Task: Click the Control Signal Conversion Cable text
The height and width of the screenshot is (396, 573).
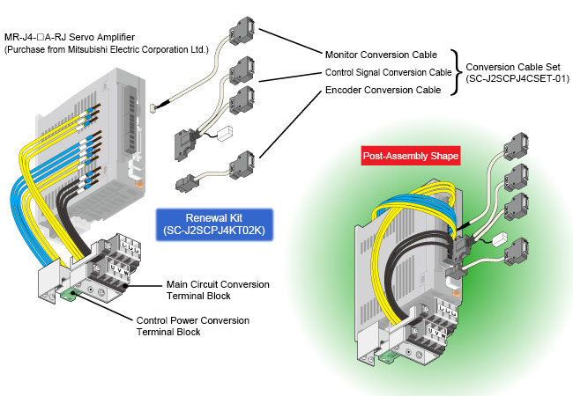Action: pos(389,72)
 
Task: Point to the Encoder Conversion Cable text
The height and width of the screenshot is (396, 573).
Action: pos(383,89)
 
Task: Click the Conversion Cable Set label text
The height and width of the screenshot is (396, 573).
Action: pos(517,67)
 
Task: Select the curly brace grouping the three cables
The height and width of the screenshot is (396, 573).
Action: pos(457,72)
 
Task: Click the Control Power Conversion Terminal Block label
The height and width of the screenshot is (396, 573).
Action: pos(192,326)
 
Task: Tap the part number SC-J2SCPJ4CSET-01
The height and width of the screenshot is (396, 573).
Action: pos(517,78)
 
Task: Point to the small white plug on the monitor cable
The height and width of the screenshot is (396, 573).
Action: pos(153,108)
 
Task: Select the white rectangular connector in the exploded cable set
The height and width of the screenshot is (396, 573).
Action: pos(222,135)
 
